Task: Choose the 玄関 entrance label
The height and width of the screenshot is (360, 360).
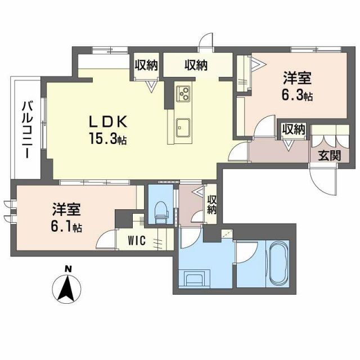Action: (x=327, y=155)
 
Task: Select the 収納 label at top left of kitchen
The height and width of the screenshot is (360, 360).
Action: (x=146, y=65)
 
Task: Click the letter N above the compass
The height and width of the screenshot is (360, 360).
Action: (x=66, y=268)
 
